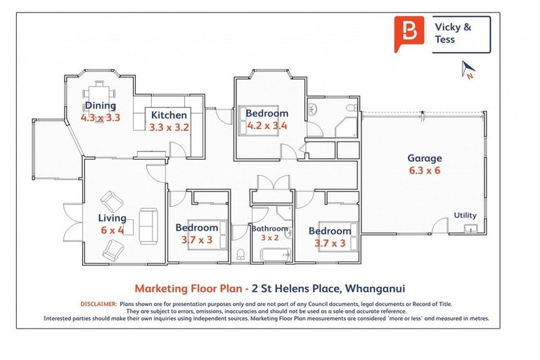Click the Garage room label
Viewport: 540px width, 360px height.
pyautogui.click(x=425, y=158)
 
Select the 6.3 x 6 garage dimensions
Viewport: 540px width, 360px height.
pyautogui.click(x=425, y=171)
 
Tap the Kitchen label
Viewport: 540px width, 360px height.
pyautogui.click(x=169, y=115)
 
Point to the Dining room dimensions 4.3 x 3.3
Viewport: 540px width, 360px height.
pyautogui.click(x=101, y=118)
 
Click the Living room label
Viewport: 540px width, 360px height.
pyautogui.click(x=112, y=218)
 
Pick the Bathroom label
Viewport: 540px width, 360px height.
pyautogui.click(x=270, y=229)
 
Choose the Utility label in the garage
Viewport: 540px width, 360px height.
pyautogui.click(x=465, y=215)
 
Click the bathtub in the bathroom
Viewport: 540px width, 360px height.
pyautogui.click(x=276, y=255)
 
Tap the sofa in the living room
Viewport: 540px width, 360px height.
pyautogui.click(x=148, y=226)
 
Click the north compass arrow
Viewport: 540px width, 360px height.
pyautogui.click(x=468, y=68)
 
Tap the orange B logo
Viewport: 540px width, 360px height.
pyautogui.click(x=409, y=34)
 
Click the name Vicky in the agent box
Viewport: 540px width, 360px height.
pyautogui.click(x=449, y=27)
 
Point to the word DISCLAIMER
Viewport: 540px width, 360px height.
pyautogui.click(x=99, y=304)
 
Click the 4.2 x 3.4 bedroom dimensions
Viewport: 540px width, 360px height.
pyautogui.click(x=267, y=125)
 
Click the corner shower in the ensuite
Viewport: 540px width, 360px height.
pyautogui.click(x=347, y=127)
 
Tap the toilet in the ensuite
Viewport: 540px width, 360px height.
pyautogui.click(x=352, y=108)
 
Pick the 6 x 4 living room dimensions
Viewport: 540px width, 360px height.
pyautogui.click(x=112, y=230)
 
